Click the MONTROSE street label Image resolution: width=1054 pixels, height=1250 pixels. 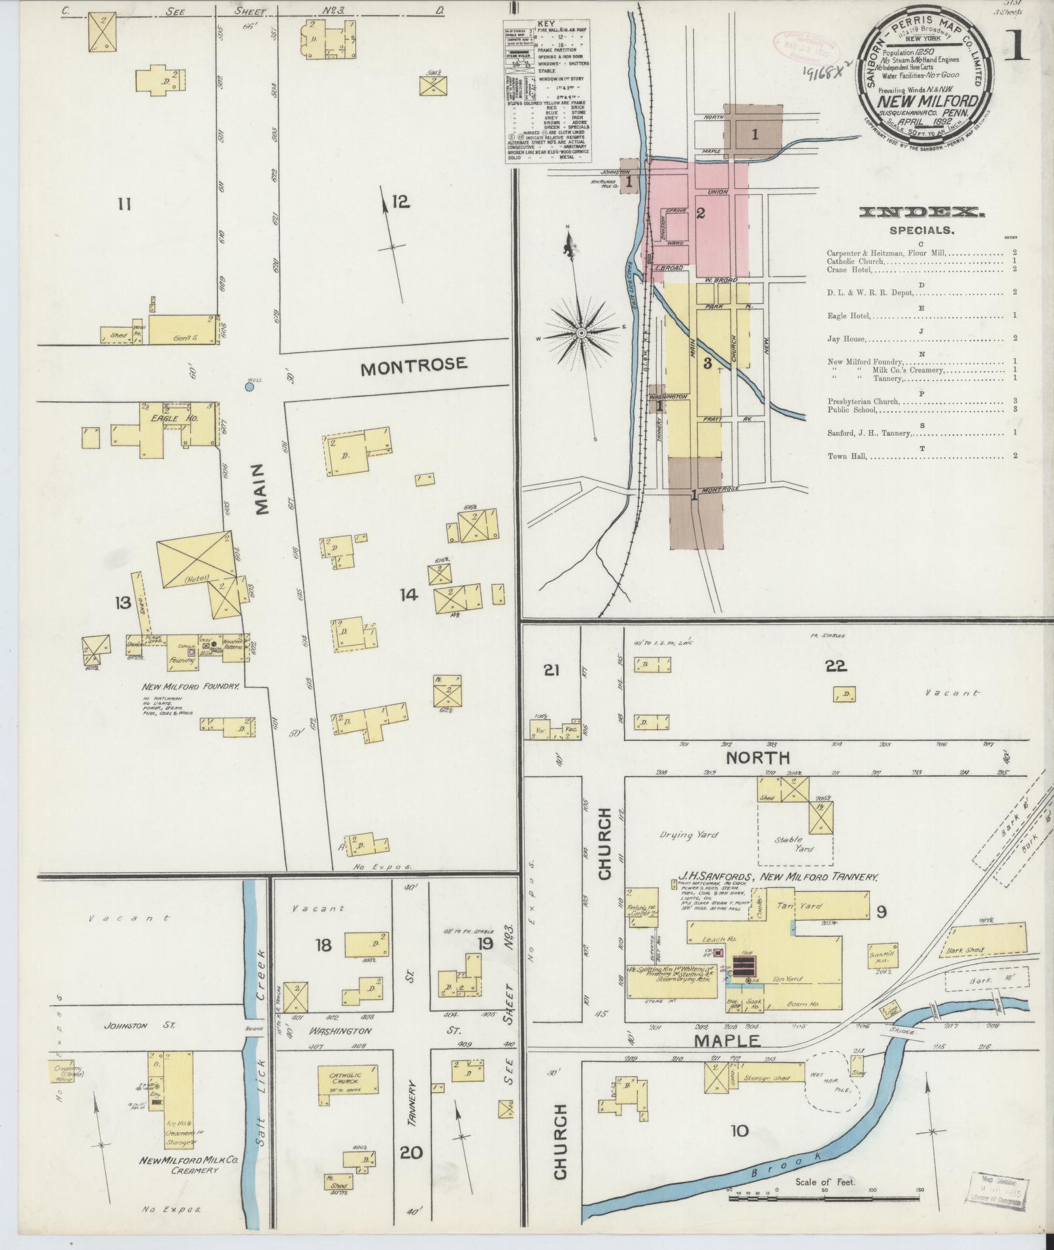click(414, 365)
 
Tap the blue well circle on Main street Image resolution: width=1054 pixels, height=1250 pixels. click(249, 387)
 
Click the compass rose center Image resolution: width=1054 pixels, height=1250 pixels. click(581, 333)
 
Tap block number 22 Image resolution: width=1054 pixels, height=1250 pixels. click(836, 666)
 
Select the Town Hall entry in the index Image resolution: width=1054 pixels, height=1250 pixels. click(847, 456)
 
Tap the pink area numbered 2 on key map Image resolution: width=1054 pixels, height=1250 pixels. click(700, 213)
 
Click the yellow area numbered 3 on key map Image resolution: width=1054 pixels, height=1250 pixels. click(707, 363)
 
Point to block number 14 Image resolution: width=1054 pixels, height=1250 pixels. click(409, 594)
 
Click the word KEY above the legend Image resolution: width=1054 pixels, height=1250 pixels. click(545, 24)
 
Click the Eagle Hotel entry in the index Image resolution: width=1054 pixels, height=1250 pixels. click(848, 316)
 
